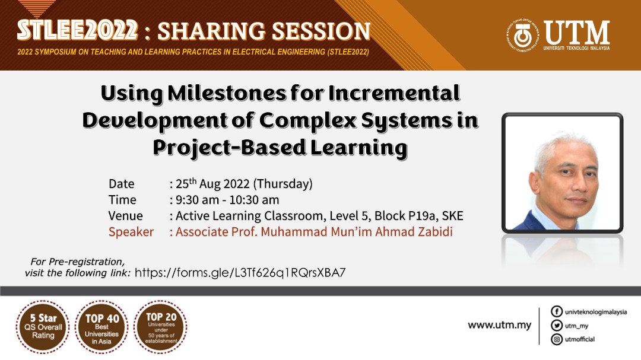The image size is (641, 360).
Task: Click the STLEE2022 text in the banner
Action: (77, 31)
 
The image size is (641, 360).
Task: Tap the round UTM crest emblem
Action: (523, 36)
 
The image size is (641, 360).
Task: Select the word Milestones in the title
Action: (226, 94)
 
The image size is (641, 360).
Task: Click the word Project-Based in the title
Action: (229, 148)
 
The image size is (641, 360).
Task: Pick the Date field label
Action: (122, 184)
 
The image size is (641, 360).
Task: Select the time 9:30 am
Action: (197, 200)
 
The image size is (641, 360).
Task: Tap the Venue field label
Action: (125, 216)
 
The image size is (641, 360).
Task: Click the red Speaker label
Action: (131, 232)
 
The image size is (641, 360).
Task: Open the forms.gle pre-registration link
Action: (240, 273)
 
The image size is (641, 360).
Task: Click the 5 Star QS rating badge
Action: (43, 327)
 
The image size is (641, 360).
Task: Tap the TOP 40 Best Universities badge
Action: (101, 327)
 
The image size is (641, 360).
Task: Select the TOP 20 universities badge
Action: (161, 327)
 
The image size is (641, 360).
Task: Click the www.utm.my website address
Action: (500, 325)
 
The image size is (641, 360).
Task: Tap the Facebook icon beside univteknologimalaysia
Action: (556, 311)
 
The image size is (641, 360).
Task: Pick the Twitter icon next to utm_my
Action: (556, 325)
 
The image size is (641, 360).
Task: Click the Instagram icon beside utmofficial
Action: (556, 339)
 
